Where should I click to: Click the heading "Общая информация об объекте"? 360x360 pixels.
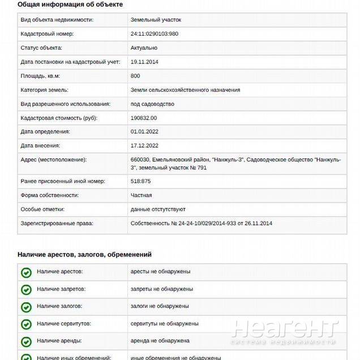[x=70, y=5]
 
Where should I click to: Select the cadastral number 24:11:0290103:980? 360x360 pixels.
[x=154, y=34]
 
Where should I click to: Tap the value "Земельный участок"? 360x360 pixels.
[x=156, y=20]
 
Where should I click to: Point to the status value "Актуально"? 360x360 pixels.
[x=144, y=48]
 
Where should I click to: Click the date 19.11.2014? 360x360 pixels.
[x=144, y=62]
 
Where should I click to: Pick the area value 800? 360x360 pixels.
[x=135, y=76]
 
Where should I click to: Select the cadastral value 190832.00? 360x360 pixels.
[x=144, y=118]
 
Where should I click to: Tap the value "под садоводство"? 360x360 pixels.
[x=152, y=104]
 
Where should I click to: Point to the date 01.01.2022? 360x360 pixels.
[x=144, y=131]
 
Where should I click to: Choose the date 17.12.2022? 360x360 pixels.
[x=144, y=145]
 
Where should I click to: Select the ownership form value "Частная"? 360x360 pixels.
[x=141, y=195]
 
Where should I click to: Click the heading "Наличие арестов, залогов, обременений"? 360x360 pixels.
[x=84, y=255]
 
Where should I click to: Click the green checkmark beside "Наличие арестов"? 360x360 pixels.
[x=26, y=272]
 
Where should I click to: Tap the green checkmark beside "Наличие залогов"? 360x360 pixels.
[x=26, y=307]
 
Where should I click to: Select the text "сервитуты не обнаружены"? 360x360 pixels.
[x=164, y=324]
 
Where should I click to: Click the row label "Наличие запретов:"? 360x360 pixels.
[x=61, y=289]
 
